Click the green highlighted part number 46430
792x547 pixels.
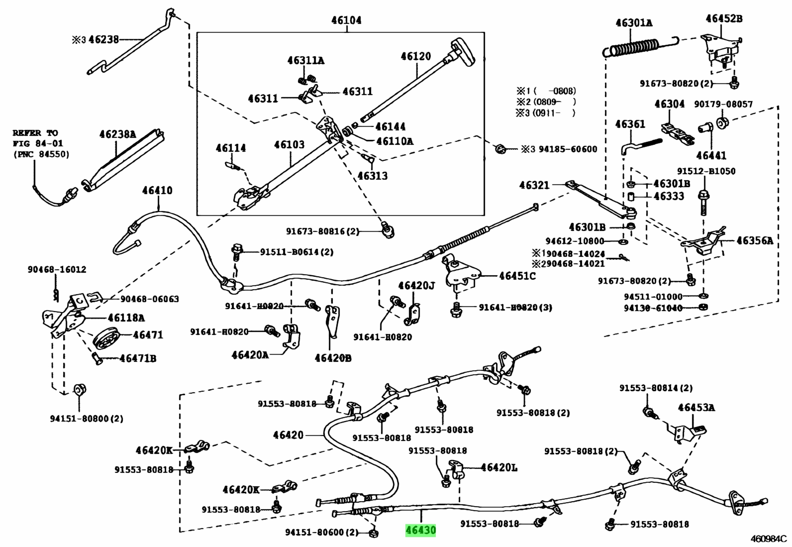[x=420, y=530]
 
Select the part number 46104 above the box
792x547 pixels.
[x=346, y=20]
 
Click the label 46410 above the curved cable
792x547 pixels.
[x=157, y=190]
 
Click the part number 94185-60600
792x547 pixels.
[x=568, y=149]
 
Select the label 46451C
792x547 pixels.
[x=517, y=276]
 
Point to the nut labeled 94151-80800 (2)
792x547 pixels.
[x=80, y=390]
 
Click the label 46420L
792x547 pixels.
[x=499, y=468]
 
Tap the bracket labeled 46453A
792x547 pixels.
[x=690, y=435]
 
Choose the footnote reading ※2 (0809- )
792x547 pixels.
[x=546, y=102]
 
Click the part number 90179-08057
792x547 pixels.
[x=722, y=104]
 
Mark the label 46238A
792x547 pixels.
[x=117, y=134]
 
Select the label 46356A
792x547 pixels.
[x=755, y=240]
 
